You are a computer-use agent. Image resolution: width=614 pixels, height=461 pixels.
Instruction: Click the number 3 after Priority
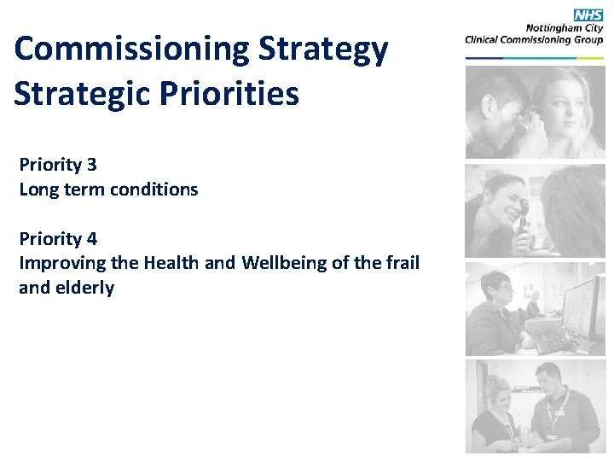click(x=91, y=165)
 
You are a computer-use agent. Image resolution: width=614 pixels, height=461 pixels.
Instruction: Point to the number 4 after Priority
click(x=91, y=239)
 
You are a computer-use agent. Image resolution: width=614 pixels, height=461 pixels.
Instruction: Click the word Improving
click(x=58, y=263)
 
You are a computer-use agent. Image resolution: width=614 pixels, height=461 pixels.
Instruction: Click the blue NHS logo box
click(x=588, y=15)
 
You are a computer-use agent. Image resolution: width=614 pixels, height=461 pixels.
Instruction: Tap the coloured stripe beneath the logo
click(x=534, y=58)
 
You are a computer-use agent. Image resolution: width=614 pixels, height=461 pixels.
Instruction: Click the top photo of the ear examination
click(x=534, y=112)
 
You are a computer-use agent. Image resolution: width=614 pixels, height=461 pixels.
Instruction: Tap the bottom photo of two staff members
click(x=534, y=406)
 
